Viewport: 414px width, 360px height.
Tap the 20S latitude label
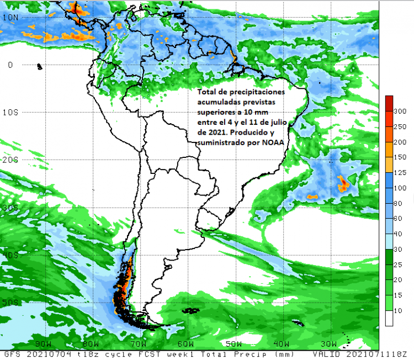click(10, 160)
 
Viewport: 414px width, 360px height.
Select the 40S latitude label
click(10, 255)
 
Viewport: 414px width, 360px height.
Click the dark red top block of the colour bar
click(389, 103)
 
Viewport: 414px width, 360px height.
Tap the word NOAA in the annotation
click(267, 143)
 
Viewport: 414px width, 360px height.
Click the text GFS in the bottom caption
click(14, 353)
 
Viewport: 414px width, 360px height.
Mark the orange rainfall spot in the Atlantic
click(343, 182)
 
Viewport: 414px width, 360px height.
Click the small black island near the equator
click(39, 67)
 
